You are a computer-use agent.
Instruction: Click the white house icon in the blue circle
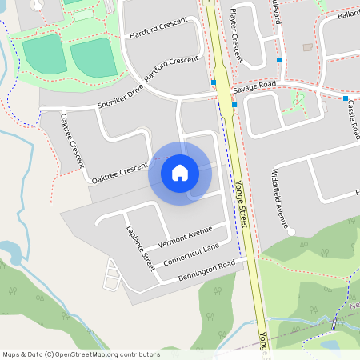(x=180, y=173)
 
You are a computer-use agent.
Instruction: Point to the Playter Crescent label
(x=234, y=36)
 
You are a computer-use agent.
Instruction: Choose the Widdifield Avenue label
(x=280, y=195)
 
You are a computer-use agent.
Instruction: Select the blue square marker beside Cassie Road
(x=346, y=98)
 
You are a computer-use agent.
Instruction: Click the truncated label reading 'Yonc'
(x=262, y=344)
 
